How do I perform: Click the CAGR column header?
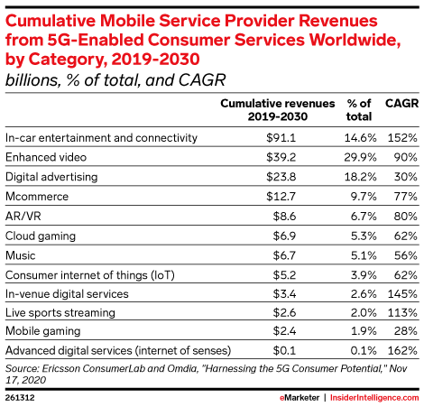pos(401,104)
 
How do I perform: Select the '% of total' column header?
pos(359,110)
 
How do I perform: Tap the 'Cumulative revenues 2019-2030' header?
pos(278,110)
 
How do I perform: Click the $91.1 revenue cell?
pos(281,138)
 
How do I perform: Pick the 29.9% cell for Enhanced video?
pos(360,157)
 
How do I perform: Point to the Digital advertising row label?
pos(51,177)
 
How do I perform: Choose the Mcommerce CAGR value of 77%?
pos(406,197)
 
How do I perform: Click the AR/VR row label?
pos(23,216)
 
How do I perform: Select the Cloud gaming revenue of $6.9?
pos(284,236)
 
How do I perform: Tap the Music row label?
pos(21,255)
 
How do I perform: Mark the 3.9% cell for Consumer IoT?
pos(364,275)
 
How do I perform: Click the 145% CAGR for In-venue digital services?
pos(402,293)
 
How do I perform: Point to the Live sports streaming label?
pos(60,313)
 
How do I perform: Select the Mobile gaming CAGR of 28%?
pos(406,331)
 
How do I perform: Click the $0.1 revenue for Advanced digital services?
pos(284,350)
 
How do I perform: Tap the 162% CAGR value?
pos(402,350)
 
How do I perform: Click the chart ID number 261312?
pos(20,398)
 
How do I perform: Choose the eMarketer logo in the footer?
pos(300,398)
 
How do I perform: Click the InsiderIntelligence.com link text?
pos(374,398)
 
